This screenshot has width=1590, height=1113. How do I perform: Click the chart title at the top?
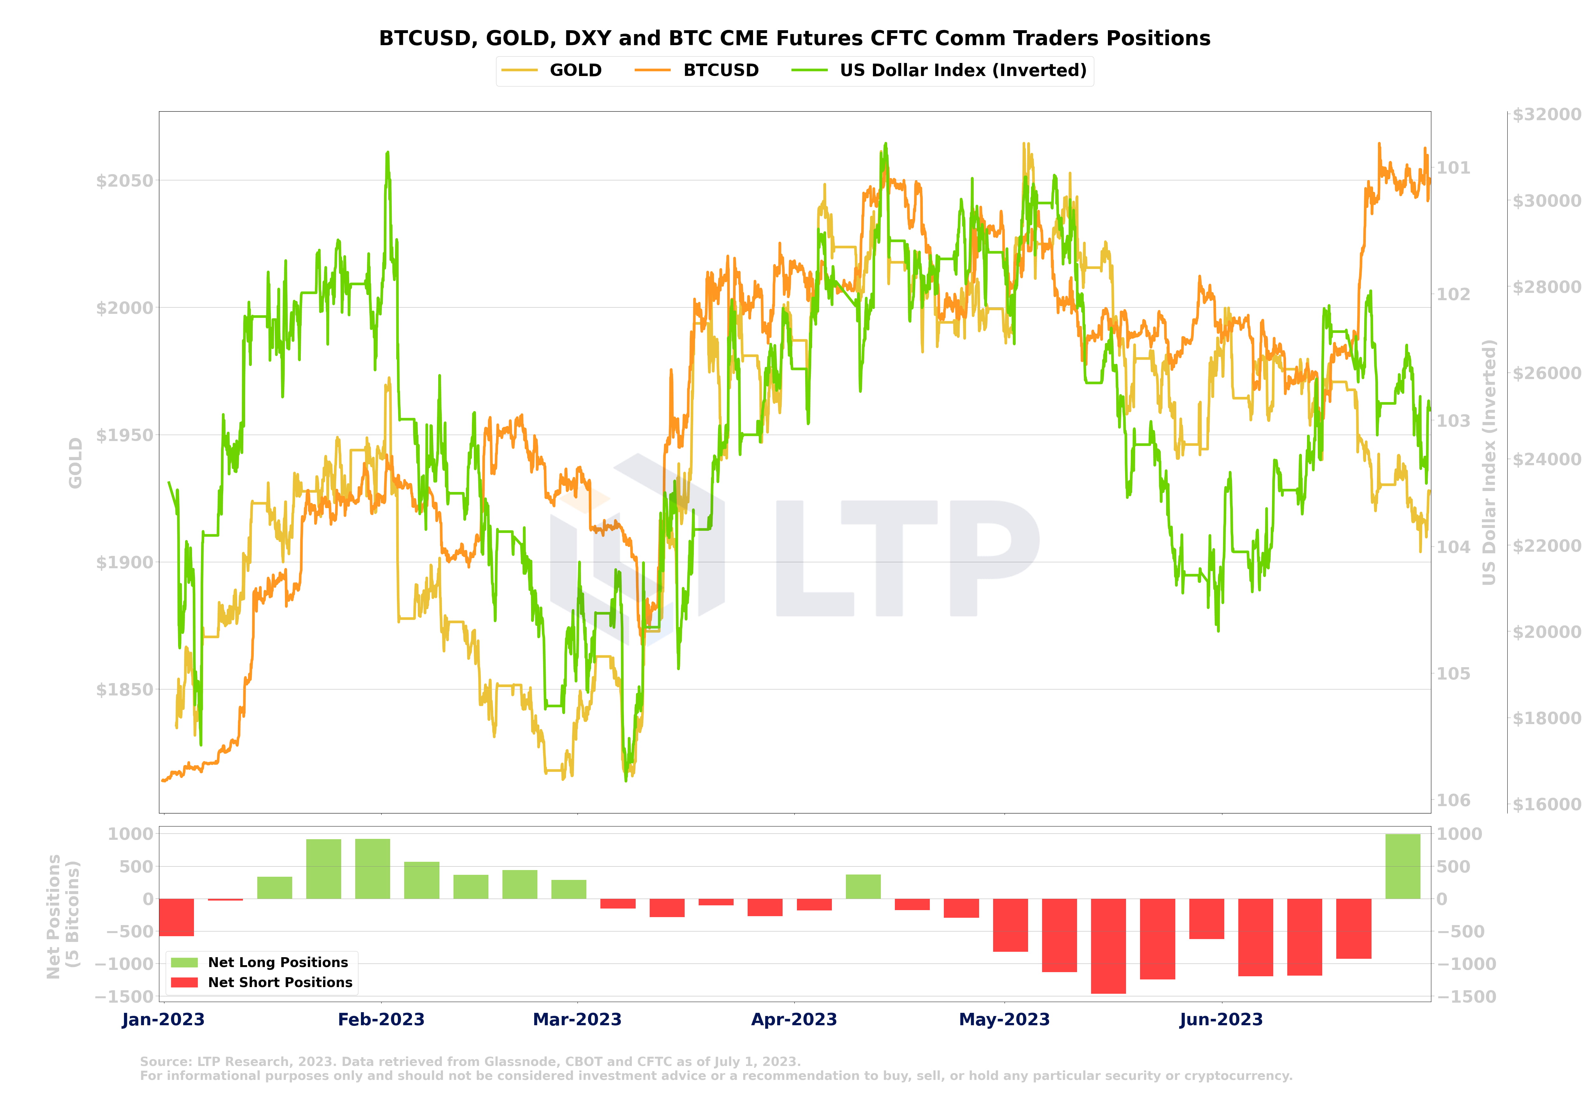click(794, 38)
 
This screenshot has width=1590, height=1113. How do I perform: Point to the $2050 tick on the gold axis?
click(124, 181)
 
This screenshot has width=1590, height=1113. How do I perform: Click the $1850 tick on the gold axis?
click(124, 690)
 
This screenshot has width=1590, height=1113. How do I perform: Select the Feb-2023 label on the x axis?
click(381, 1020)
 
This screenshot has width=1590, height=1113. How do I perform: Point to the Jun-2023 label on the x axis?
click(1221, 1020)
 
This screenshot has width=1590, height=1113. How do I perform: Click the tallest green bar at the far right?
click(1402, 867)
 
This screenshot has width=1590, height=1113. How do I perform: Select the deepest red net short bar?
click(1108, 946)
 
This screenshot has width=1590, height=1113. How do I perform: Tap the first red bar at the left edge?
click(176, 917)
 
